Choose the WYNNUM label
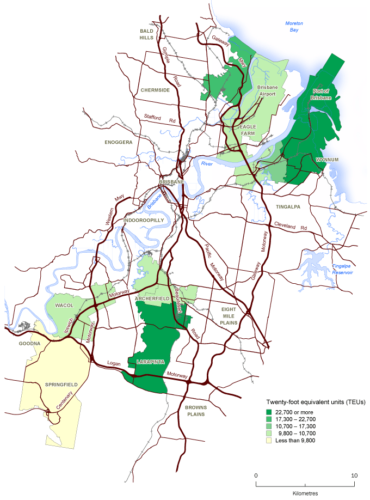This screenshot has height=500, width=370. pos(328,160)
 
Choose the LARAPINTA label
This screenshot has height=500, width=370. pos(150,361)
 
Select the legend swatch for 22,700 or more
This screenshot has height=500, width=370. pos(269,411)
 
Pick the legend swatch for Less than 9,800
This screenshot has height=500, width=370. pos(269,440)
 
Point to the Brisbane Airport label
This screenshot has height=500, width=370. pos(268,90)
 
